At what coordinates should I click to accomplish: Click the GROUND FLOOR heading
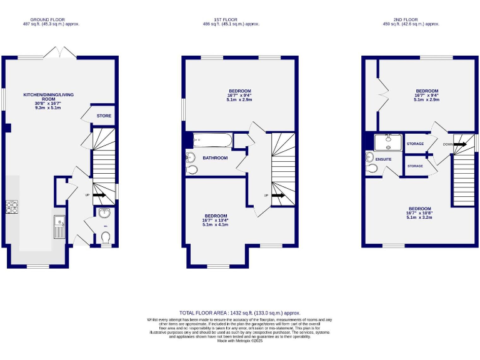pyautogui.click(x=48, y=20)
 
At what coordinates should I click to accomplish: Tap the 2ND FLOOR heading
pyautogui.click(x=411, y=20)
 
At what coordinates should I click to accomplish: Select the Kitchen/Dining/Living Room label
pyautogui.click(x=48, y=101)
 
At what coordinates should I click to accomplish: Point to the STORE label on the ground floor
pyautogui.click(x=103, y=116)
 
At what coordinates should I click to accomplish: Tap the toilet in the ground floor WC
pyautogui.click(x=105, y=237)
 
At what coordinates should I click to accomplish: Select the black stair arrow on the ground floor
pyautogui.click(x=99, y=194)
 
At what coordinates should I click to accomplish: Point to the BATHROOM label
pyautogui.click(x=215, y=158)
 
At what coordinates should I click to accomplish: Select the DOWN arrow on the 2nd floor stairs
pyautogui.click(x=459, y=144)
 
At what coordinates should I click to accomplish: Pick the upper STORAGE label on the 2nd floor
pyautogui.click(x=415, y=144)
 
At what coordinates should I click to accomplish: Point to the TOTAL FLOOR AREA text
pyautogui.click(x=240, y=312)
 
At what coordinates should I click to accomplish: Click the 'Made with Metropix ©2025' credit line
pyautogui.click(x=240, y=341)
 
